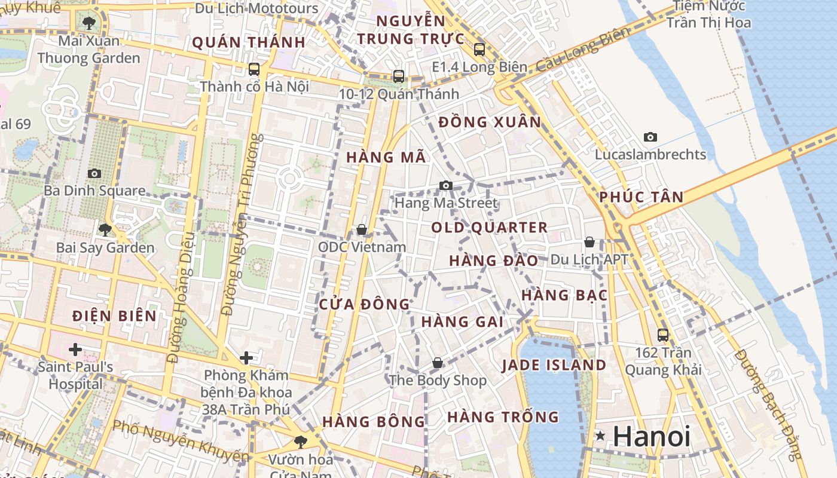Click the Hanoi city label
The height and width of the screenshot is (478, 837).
tap(651, 437)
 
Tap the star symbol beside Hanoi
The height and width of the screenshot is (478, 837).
tap(600, 436)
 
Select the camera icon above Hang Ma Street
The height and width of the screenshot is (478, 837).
tap(445, 186)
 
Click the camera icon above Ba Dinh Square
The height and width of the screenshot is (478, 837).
tap(94, 173)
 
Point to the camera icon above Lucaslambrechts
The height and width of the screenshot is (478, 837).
tap(650, 137)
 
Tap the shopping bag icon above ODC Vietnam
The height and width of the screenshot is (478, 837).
tap(361, 229)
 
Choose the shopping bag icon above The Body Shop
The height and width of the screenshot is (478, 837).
tap(438, 363)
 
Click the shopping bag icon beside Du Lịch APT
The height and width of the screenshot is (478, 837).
tap(589, 242)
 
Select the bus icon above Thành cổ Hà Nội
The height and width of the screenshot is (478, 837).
tap(254, 69)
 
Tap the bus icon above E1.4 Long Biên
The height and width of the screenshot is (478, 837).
tap(479, 50)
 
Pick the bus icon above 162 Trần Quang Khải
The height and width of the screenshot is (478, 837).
tap(662, 335)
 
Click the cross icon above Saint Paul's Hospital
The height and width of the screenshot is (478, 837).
tap(75, 349)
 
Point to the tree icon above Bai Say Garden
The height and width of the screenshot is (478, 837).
tap(105, 229)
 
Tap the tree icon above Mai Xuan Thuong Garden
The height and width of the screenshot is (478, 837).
tap(89, 23)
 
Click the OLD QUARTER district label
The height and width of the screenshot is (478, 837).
tap(489, 228)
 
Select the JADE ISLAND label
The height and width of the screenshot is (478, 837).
tap(554, 365)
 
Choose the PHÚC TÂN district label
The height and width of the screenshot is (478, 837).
tap(641, 197)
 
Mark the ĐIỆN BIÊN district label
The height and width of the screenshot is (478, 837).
tap(114, 316)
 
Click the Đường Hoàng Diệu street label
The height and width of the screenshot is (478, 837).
tap(182, 299)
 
